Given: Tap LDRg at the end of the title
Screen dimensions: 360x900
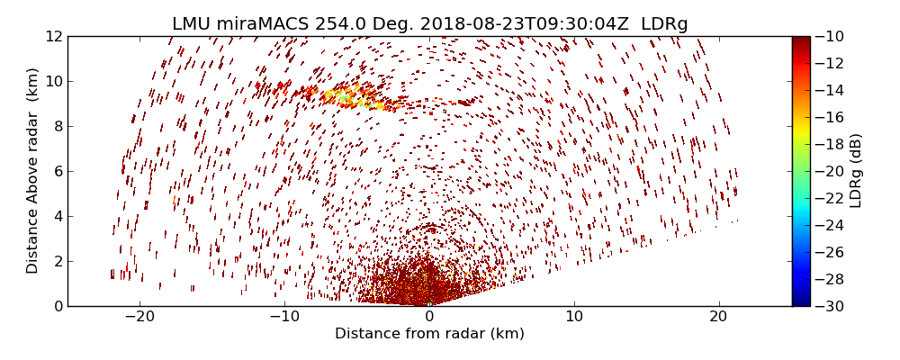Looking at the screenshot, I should [x=664, y=24].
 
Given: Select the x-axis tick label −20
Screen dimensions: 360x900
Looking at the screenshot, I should [x=139, y=317].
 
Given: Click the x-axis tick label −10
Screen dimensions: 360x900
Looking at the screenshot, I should [x=284, y=317].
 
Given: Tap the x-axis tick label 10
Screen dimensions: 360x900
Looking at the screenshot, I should [x=574, y=317].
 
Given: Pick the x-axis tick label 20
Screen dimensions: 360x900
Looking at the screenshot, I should [x=718, y=317].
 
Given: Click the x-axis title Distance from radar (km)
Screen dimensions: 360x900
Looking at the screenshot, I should [x=429, y=334].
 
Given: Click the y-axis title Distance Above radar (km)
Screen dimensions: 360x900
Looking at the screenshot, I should [x=33, y=171].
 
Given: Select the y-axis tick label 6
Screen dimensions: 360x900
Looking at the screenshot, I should [x=58, y=171].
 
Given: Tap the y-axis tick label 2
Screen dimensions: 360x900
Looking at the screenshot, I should [x=58, y=261].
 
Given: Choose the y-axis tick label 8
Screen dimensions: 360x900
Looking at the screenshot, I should [x=58, y=126].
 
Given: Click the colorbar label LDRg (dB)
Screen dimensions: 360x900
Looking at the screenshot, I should [x=856, y=171].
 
